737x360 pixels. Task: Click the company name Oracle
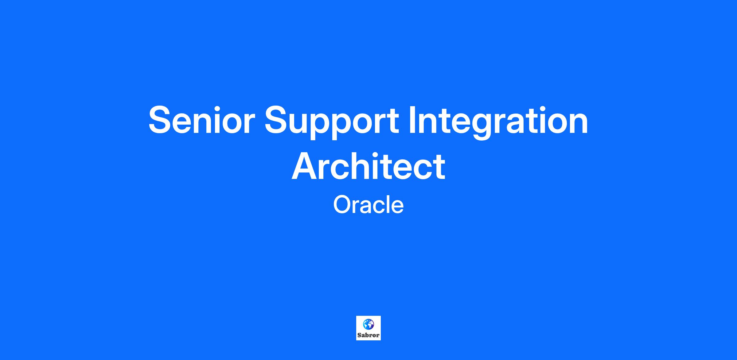(368, 205)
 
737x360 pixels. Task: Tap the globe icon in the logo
(368, 323)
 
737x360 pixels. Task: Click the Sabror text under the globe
(368, 335)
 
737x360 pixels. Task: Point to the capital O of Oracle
(342, 205)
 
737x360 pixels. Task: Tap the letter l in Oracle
(385, 205)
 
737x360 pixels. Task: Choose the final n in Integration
(578, 123)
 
